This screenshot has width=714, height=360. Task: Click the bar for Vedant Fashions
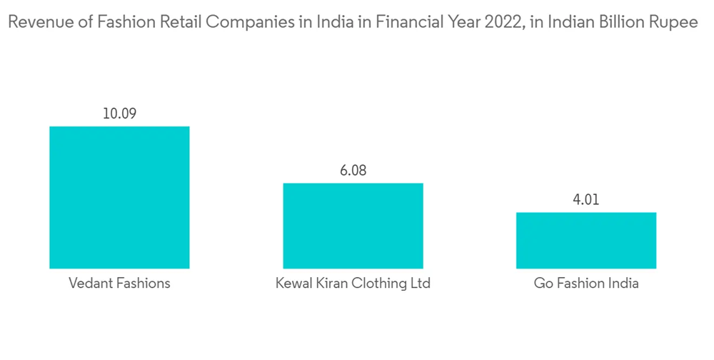coord(119,197)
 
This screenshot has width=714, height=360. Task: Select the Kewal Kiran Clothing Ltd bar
coord(353,226)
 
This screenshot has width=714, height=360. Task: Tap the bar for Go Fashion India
coord(586,240)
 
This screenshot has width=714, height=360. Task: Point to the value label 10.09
coord(119,114)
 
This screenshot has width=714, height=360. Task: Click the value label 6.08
coord(353,171)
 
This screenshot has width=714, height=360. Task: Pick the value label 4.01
coord(586,199)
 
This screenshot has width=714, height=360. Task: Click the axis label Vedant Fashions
coord(119,284)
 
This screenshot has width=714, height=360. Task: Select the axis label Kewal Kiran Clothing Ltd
coord(353,284)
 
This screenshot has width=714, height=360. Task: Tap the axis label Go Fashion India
coord(586,284)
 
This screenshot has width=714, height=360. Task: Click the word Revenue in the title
coord(34,23)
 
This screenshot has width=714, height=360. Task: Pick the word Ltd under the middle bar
coord(420,284)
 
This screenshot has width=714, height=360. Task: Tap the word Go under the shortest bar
coord(543,284)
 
